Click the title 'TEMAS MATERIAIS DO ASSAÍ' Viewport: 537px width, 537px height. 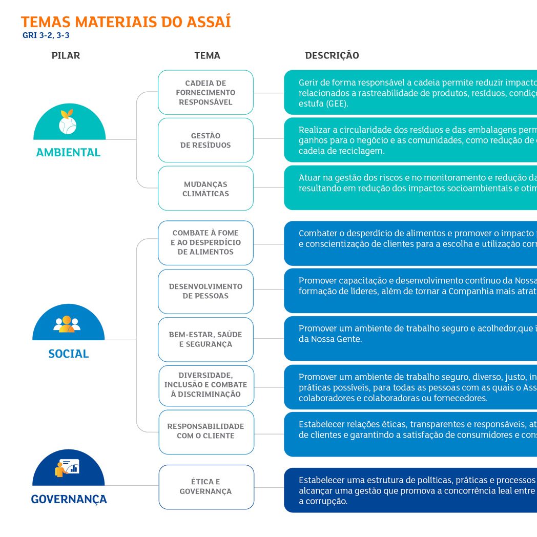point(126,22)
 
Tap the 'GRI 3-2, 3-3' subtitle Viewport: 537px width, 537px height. point(46,35)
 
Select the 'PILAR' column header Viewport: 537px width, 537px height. point(66,55)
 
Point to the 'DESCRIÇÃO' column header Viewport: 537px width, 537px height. point(332,55)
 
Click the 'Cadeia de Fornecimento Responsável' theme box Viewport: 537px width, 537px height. point(205,92)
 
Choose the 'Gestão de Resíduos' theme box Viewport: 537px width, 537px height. point(205,140)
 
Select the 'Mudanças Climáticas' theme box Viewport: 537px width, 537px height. point(205,189)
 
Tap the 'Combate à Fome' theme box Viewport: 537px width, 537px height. point(205,243)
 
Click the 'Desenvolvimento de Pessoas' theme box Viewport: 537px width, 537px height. point(205,292)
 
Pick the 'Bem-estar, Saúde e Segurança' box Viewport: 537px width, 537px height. point(205,339)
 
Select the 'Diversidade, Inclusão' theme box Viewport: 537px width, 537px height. point(206,386)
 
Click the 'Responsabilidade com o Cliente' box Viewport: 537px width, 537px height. point(206,432)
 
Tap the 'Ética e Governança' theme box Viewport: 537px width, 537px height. point(206,487)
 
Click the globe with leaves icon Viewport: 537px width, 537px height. point(68,122)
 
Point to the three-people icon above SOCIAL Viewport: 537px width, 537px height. point(67,324)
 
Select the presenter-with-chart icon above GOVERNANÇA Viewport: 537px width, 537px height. point(67,468)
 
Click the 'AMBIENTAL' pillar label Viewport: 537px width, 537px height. point(69,152)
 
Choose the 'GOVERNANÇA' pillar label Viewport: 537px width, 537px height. point(69,499)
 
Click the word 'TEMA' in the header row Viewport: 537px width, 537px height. point(207,55)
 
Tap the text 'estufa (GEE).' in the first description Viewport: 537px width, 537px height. point(323,104)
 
